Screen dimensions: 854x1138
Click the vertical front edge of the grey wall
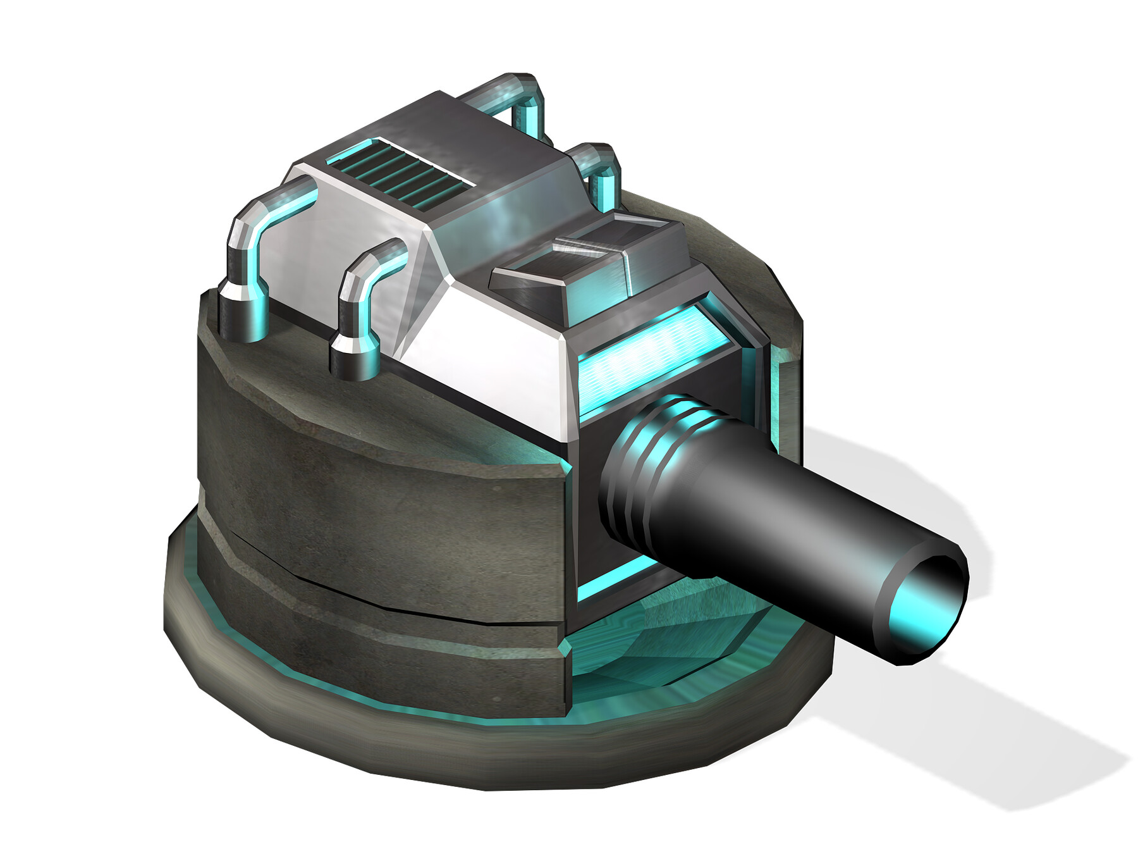point(566,569)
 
